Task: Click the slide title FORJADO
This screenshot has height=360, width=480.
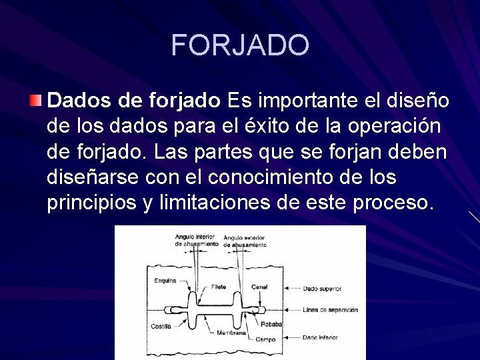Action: point(240,45)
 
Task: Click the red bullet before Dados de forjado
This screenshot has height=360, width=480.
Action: point(35,101)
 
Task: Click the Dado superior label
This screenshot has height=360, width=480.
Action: point(322,289)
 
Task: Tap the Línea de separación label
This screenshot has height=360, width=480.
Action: point(330,310)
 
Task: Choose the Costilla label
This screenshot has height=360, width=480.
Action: point(161,327)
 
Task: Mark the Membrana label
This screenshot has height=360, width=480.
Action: point(232,332)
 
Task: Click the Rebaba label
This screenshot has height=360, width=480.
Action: point(271,325)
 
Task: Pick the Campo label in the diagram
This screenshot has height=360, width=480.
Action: point(265,339)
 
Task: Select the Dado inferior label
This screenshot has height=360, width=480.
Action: point(320,338)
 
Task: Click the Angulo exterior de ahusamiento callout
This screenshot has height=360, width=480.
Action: point(245,241)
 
